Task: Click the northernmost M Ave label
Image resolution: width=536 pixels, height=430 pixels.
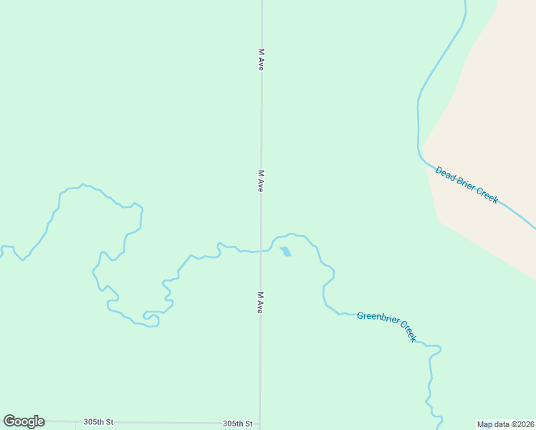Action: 262,59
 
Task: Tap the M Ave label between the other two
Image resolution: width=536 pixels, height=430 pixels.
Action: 262,181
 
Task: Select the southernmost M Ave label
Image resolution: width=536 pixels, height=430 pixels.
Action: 261,302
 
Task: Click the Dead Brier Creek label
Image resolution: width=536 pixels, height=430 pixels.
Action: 466,185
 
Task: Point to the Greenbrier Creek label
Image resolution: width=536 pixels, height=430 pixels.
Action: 386,326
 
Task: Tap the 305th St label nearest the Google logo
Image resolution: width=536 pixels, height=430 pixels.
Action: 98,422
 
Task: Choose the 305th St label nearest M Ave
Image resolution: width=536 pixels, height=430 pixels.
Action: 237,424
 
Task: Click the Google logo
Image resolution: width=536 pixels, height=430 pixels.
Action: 24,421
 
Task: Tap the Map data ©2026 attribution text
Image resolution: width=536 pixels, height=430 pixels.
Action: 506,424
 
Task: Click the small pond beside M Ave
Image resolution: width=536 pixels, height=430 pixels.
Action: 286,252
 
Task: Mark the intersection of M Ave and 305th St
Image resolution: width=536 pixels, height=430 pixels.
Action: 260,424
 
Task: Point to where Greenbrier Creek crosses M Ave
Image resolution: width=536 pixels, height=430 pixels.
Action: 261,250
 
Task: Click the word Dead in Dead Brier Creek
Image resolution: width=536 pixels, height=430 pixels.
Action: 445,173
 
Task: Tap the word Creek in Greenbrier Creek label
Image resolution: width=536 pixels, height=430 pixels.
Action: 408,331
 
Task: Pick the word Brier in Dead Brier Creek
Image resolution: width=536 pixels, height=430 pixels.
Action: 465,184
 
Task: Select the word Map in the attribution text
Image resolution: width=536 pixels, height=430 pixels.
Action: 484,424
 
